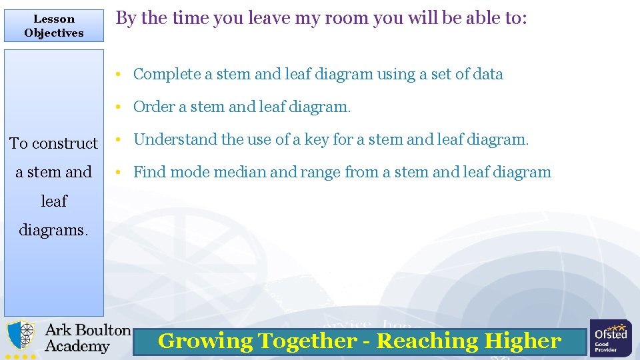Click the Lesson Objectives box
(x=54, y=26)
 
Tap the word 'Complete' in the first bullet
(x=167, y=75)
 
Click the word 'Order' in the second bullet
(x=153, y=107)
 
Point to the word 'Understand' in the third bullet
(x=175, y=140)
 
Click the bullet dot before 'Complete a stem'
(x=117, y=75)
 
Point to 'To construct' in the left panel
(x=53, y=143)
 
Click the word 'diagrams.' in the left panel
(x=53, y=230)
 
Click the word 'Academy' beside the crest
(x=77, y=347)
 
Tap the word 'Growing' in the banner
(x=205, y=341)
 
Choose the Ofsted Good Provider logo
(x=611, y=338)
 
